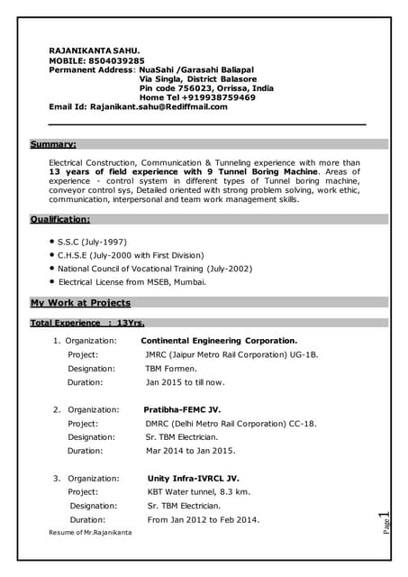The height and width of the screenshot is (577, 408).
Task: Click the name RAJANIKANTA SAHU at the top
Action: click(x=95, y=50)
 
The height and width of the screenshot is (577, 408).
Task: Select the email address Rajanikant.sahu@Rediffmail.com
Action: click(x=159, y=106)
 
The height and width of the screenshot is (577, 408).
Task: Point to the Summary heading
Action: click(x=53, y=144)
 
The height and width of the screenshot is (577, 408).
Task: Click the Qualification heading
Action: click(x=60, y=219)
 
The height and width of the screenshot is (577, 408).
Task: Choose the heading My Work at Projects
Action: click(x=80, y=303)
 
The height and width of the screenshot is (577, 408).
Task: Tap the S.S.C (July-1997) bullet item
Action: click(x=92, y=242)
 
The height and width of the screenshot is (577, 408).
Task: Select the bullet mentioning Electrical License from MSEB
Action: click(x=131, y=282)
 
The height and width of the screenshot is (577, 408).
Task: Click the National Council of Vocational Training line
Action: click(x=155, y=269)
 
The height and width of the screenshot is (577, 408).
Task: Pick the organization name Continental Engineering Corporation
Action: click(x=219, y=341)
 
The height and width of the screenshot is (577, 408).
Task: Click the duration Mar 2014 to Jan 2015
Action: click(x=190, y=451)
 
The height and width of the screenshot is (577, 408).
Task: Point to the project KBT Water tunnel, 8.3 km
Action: click(x=198, y=492)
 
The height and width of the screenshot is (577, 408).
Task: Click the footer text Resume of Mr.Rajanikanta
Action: click(x=90, y=534)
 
